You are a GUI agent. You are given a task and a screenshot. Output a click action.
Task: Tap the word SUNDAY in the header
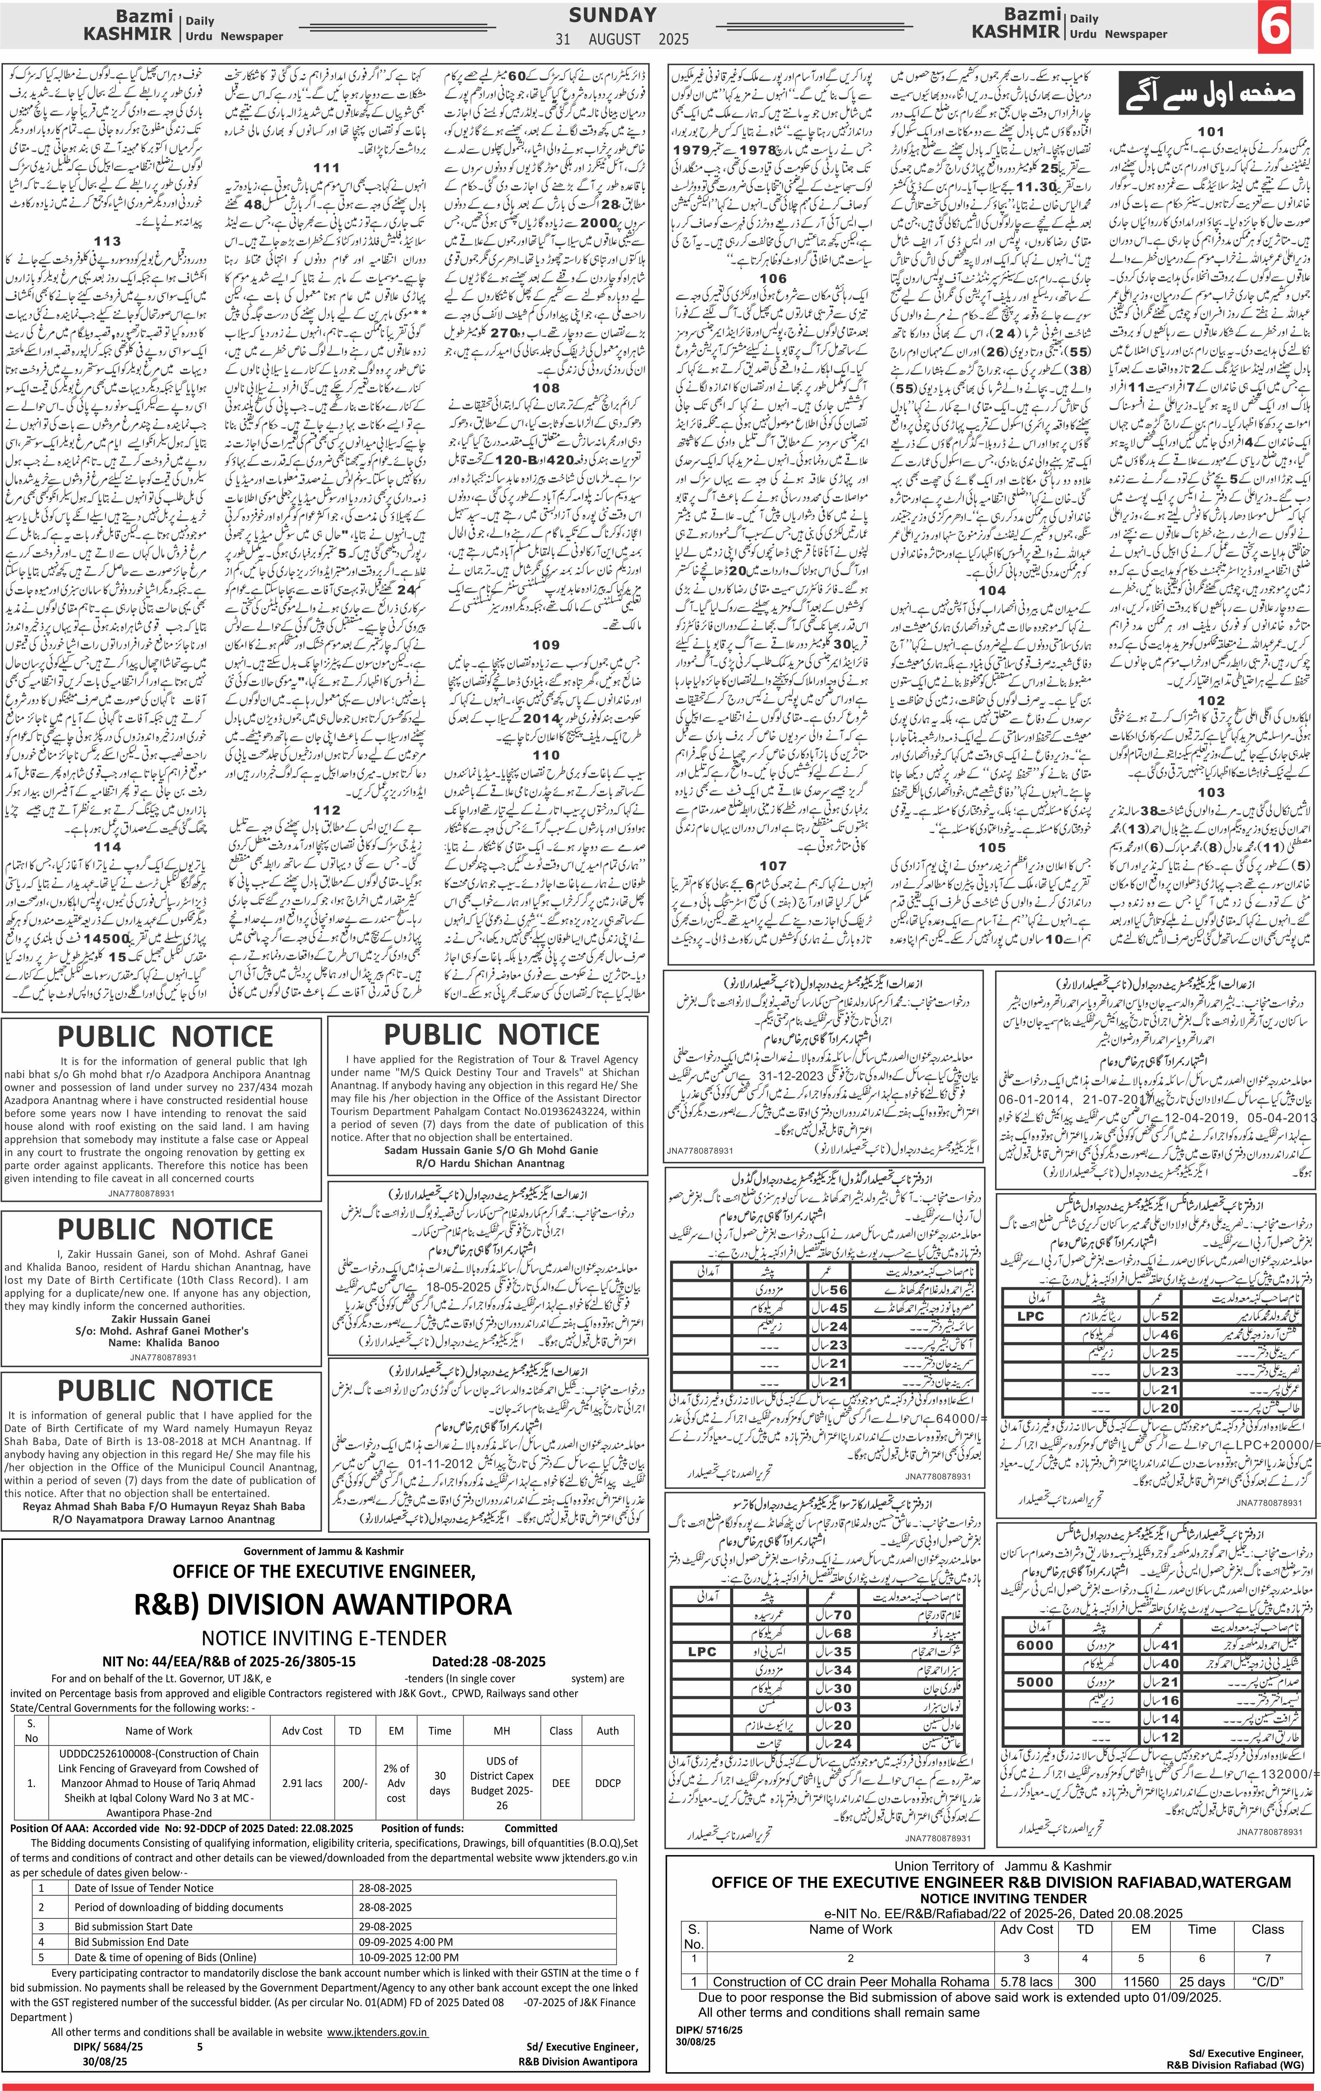612,15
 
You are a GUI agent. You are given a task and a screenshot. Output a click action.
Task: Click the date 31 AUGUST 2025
622,39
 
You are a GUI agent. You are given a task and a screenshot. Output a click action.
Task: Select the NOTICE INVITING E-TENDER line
324,1638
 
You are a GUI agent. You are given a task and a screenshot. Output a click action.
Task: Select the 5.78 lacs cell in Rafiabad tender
1027,1974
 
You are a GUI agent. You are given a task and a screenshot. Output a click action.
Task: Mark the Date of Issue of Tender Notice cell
143,1888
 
